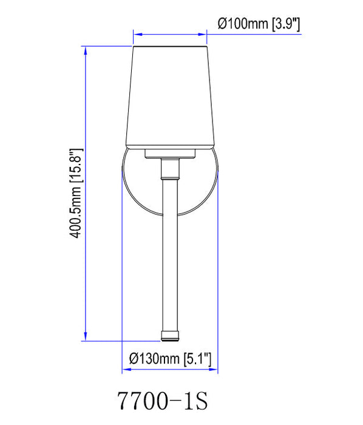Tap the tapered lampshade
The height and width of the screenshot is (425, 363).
click(x=171, y=97)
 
